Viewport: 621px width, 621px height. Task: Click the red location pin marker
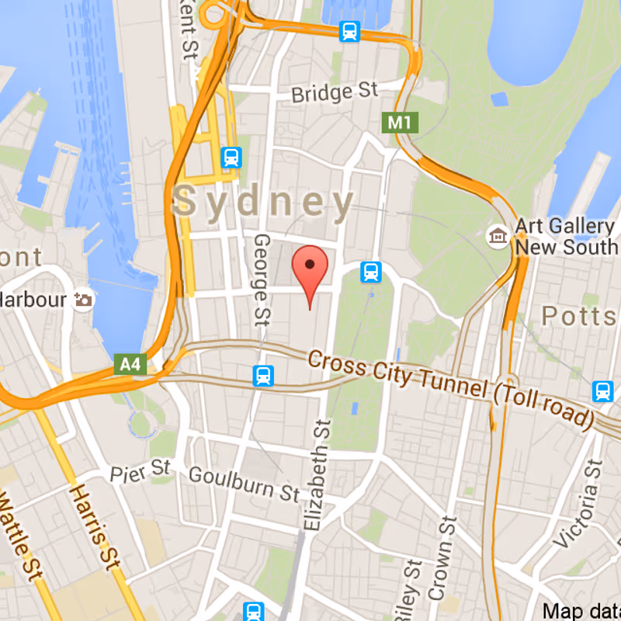(x=310, y=268)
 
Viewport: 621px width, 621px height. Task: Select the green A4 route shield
(x=130, y=363)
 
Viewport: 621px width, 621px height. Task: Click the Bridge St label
(x=334, y=93)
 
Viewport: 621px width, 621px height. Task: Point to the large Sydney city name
(x=265, y=202)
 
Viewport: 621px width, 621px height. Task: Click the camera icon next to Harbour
(x=83, y=299)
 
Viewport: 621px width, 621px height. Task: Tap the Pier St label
(x=140, y=470)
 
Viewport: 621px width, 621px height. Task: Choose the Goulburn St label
(x=244, y=484)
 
